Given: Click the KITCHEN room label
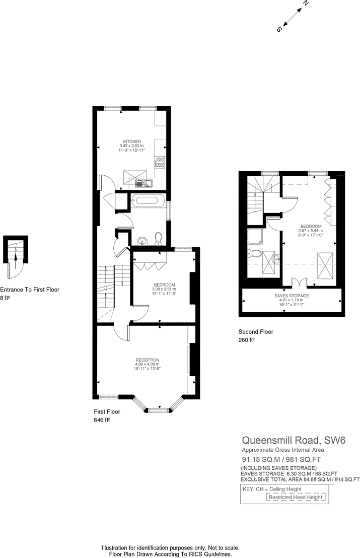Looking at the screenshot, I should (x=132, y=142).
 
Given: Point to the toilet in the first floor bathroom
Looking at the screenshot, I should (x=159, y=238).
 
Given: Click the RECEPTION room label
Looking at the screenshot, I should (x=147, y=360).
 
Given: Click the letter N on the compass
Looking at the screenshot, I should (x=305, y=4).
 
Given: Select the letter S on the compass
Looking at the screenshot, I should (x=279, y=30).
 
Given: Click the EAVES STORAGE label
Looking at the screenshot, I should (x=292, y=296).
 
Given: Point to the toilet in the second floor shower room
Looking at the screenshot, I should (x=254, y=254).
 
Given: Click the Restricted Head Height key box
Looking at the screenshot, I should (x=296, y=497).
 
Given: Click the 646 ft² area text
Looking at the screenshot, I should (x=102, y=420).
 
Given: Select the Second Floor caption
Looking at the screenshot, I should (x=256, y=332).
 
